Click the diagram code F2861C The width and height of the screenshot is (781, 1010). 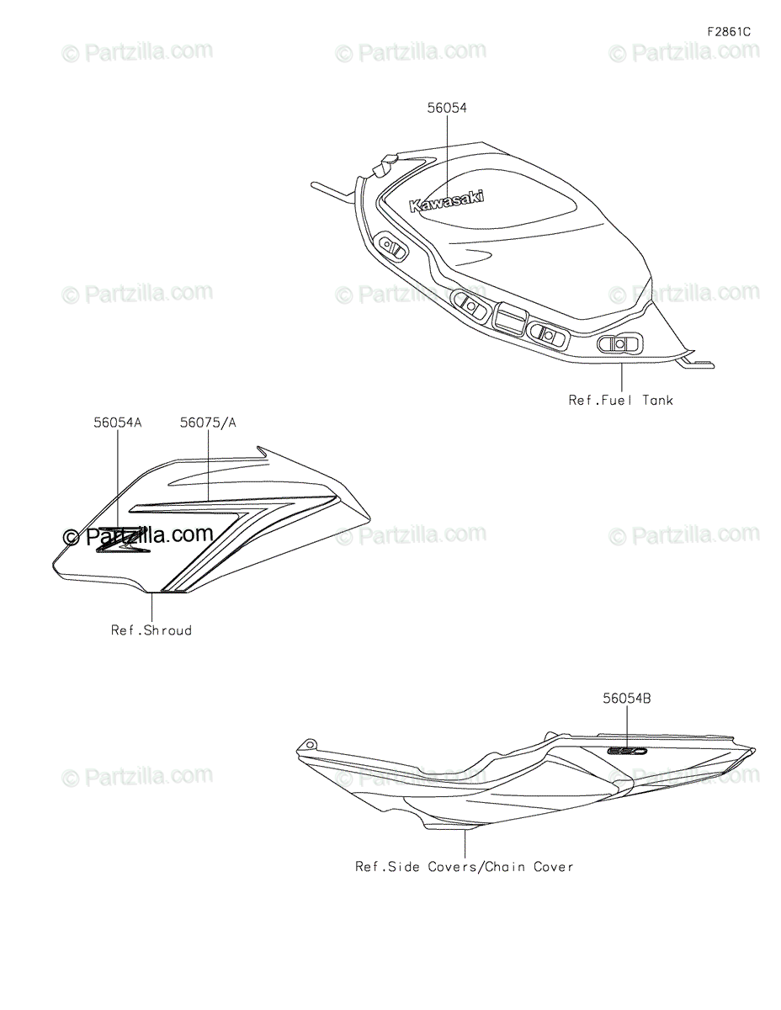728,32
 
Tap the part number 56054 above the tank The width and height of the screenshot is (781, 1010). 446,108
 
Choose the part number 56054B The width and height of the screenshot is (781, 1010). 627,698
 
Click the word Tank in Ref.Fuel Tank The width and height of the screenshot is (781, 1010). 658,401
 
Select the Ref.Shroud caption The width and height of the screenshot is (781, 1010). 151,630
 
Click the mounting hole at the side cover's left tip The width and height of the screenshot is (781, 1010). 310,744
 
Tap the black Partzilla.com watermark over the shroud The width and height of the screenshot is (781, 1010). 140,535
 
